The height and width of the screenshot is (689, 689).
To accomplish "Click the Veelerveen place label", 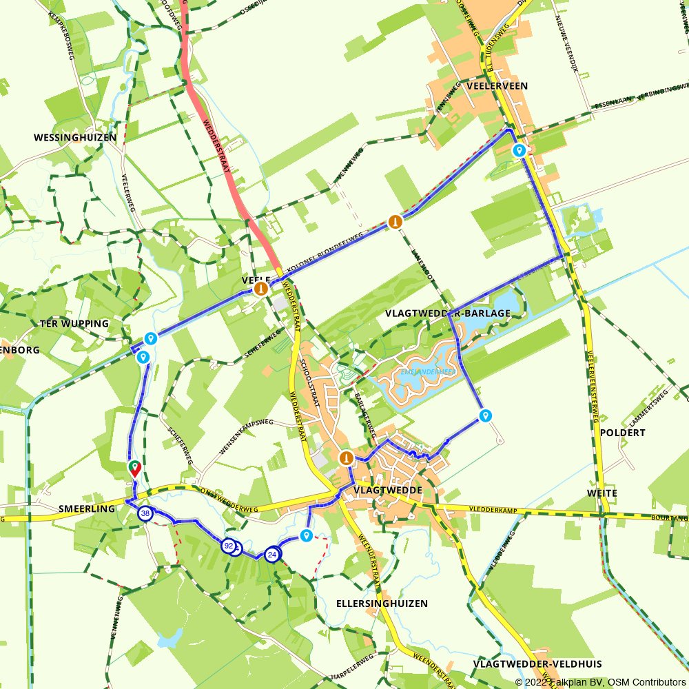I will [497, 86].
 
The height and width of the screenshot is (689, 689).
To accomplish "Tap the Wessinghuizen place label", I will [75, 138].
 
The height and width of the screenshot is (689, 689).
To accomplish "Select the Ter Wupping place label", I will [74, 324].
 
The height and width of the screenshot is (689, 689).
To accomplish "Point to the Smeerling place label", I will [87, 508].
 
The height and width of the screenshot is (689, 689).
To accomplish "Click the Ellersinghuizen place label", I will [382, 604].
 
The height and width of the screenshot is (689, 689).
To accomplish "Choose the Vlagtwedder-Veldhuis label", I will [537, 664].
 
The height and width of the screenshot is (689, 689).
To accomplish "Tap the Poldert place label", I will [622, 433].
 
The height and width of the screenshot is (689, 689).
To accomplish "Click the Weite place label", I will [601, 493].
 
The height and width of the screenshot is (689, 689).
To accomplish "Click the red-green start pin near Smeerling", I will [134, 469].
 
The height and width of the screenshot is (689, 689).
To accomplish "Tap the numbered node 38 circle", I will [145, 514].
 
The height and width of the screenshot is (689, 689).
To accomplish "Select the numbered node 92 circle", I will [228, 546].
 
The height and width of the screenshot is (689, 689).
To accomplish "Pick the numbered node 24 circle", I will [272, 554].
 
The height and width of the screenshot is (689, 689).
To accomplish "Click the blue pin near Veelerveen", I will [519, 150].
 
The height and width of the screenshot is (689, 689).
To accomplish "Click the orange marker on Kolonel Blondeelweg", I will [395, 221].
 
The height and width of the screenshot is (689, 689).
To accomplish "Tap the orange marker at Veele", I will [261, 289].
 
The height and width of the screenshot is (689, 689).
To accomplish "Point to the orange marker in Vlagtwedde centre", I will [346, 457].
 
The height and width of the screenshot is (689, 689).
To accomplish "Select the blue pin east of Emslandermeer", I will [486, 415].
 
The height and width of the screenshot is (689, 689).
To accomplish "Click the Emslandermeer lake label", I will [428, 372].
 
